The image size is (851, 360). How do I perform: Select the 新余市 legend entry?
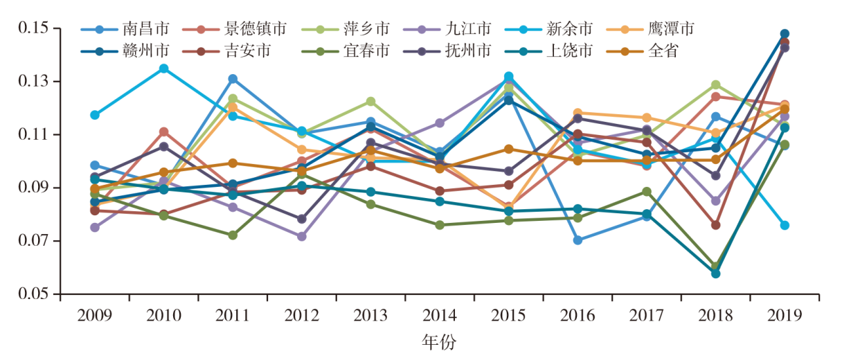[x=568, y=29]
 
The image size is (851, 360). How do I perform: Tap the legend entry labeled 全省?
[x=664, y=50]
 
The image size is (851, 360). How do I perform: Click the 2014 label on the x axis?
[x=440, y=316]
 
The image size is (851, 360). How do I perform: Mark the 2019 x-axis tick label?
[x=785, y=316]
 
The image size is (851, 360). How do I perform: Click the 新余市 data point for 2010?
[x=163, y=69]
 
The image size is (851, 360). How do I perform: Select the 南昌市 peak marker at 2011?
[x=233, y=79]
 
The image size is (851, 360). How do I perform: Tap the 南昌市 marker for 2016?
[x=577, y=240]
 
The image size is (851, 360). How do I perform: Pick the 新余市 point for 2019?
[x=785, y=225]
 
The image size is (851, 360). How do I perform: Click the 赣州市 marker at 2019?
[x=785, y=34]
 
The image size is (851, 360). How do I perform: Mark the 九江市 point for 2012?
[x=302, y=236]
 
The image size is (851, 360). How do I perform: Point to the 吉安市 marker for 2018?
[x=715, y=225]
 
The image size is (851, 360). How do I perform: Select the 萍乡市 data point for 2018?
[x=715, y=84]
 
